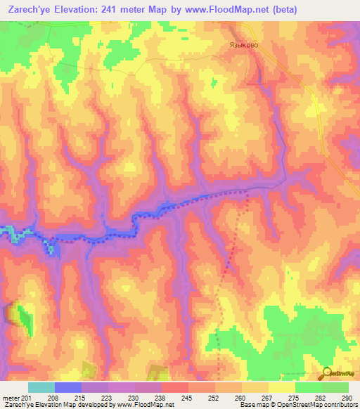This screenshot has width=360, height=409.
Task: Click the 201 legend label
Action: tap(27, 398)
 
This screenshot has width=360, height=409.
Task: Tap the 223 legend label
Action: tap(107, 398)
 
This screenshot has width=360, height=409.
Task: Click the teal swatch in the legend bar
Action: tap(41, 387)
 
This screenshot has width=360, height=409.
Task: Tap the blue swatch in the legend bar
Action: tap(67, 387)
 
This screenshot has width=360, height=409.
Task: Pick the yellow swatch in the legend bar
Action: tap(281, 387)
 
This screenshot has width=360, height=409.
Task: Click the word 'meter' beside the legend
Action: tap(10, 398)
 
